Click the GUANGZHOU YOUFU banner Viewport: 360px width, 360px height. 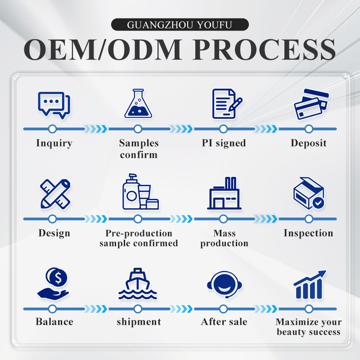coord(180,25)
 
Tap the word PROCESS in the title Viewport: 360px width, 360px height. coord(265,49)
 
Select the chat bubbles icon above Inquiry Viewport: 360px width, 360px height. coord(54,105)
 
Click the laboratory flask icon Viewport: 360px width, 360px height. coord(138,103)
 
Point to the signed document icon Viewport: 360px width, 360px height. coord(227,104)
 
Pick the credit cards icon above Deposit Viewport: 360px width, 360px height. coord(311,104)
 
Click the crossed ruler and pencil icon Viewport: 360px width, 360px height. coord(55,194)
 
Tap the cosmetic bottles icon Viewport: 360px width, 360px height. coord(140,192)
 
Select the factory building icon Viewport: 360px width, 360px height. coord(224,193)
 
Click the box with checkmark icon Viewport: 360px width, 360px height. coord(309,193)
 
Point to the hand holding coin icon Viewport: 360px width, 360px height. coord(53,284)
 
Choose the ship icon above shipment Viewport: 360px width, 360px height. coord(138,284)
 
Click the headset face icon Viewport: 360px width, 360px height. coord(225,284)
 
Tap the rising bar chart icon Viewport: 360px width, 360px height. coord(310,285)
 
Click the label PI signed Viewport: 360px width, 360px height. coord(224,143)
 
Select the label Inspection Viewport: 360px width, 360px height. coord(309,233)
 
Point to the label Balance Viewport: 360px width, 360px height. coord(54,322)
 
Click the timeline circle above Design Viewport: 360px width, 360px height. coord(52,219)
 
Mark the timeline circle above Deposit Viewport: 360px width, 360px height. coord(309,129)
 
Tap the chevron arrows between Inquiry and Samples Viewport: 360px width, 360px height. coord(95,129)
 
